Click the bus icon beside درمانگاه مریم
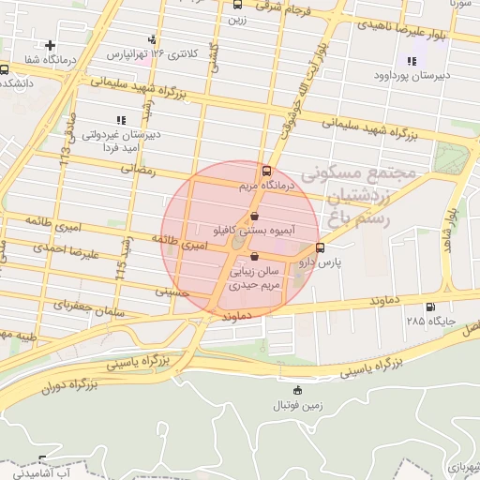click(x=267, y=172)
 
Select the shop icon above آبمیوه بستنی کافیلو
click(x=255, y=215)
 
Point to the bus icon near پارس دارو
click(x=322, y=248)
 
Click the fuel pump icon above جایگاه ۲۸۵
click(x=430, y=307)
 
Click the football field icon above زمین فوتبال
click(x=298, y=389)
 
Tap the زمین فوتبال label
click(x=298, y=404)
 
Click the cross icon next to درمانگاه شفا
click(x=50, y=44)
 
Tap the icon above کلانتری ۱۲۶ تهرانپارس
click(x=152, y=39)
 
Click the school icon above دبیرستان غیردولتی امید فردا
click(x=119, y=119)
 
